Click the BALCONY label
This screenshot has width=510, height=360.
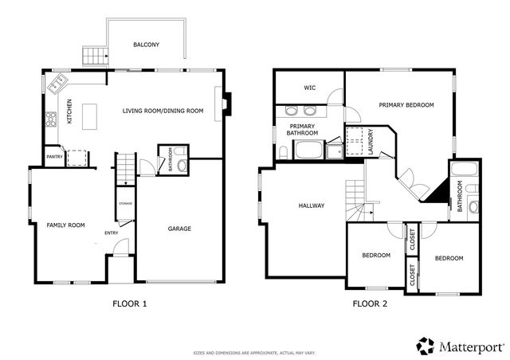tap(146, 45)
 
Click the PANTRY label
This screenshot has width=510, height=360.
tap(54, 157)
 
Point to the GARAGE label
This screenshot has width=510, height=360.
tap(178, 229)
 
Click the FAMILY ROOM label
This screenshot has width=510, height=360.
tap(65, 225)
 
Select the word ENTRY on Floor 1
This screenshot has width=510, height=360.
tap(112, 233)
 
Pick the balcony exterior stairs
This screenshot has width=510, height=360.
tap(94, 56)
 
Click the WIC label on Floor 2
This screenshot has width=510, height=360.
tap(311, 88)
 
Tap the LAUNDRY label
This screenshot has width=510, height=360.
tap(371, 140)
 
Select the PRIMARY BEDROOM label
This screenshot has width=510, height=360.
tap(406, 104)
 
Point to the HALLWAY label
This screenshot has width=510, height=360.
tap(311, 205)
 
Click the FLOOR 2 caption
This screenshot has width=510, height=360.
tap(370, 303)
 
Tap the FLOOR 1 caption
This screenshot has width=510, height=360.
tap(128, 303)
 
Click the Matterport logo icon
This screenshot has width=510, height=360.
tap(425, 345)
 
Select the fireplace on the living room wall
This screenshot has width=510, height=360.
tap(227, 104)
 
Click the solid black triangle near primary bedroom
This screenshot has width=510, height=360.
tap(437, 194)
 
